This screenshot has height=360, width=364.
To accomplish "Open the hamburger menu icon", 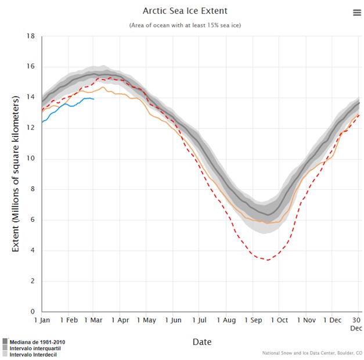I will (x=356, y=13).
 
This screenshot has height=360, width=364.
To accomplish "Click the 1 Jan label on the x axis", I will (x=42, y=320).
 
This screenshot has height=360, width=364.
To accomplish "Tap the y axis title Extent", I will (x=16, y=174).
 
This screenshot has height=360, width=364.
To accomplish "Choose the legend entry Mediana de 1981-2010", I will (x=35, y=342).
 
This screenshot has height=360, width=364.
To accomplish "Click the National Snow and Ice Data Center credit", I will (x=311, y=352).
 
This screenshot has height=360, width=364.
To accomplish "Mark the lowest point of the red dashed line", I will (x=268, y=260).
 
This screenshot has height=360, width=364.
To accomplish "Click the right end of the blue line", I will (x=94, y=99).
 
